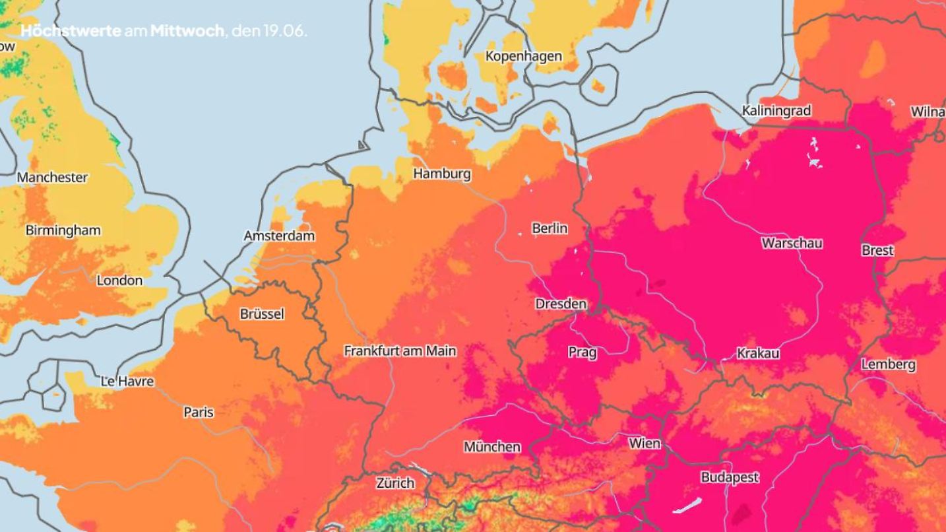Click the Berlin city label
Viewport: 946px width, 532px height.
coord(550,228)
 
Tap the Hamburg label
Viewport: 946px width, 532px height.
coord(442,174)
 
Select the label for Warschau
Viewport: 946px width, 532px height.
coord(792,243)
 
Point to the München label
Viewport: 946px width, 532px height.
coord(491,447)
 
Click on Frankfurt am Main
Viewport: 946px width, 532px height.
coord(400,351)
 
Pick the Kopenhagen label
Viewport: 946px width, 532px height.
coord(524,56)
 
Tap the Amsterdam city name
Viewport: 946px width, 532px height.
coord(279,236)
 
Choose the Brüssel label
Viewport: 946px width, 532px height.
coord(262,314)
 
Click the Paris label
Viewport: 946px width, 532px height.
coord(199,412)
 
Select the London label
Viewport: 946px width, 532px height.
coord(119,281)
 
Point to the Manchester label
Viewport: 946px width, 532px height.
coord(52,178)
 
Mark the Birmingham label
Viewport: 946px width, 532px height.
coord(63,230)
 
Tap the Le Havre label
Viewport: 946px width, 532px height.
coord(127,382)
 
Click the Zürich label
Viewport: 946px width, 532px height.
coord(395,483)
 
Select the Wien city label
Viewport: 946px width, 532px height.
coord(645,443)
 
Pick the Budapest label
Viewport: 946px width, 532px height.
coord(730,477)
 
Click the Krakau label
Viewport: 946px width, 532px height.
coord(758,353)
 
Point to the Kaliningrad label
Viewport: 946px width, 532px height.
coord(776,110)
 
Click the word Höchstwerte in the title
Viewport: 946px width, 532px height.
coord(71,31)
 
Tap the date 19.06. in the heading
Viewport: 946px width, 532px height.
coord(285,31)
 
